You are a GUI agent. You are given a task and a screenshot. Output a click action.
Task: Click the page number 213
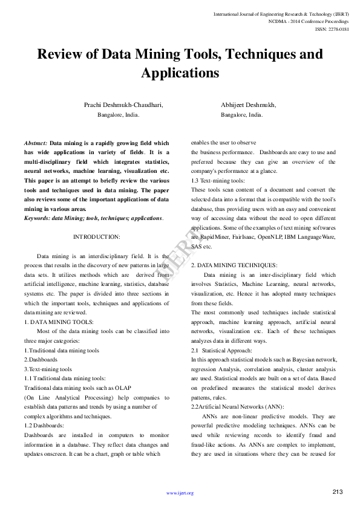point(338,491)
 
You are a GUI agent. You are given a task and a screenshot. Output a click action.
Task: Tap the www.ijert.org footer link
point(180,493)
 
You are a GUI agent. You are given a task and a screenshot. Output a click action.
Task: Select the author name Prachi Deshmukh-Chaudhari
point(123,105)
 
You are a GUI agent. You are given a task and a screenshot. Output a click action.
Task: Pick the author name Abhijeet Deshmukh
point(248,105)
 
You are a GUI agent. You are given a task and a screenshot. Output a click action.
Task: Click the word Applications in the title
point(180,74)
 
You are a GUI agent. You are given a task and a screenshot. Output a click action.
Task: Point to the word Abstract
point(36,143)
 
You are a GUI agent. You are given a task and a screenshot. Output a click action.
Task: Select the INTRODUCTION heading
point(97,236)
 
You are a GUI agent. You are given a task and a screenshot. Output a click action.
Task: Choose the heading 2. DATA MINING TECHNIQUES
point(234,265)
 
